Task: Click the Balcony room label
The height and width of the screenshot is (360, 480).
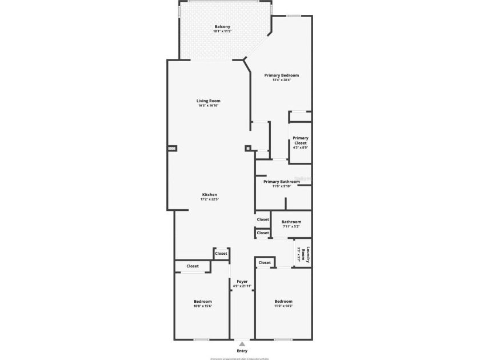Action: [222, 27]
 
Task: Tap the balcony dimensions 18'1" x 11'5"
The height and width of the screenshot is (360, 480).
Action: [222, 32]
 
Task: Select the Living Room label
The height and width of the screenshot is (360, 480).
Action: [209, 101]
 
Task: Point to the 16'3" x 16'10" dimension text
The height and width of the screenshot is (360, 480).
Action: [209, 106]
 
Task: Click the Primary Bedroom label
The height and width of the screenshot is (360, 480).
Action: [281, 75]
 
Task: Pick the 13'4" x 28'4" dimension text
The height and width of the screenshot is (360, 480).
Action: [281, 80]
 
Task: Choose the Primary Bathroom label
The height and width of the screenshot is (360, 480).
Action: [281, 181]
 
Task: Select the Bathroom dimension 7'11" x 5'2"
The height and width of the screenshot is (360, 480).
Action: [291, 227]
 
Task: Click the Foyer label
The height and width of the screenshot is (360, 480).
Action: [242, 281]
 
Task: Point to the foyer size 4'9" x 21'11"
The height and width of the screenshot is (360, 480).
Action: [242, 286]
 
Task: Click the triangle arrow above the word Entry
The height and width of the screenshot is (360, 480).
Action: [242, 344]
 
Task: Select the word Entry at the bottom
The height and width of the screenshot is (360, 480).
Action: [242, 350]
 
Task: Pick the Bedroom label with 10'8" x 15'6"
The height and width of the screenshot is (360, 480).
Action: [203, 301]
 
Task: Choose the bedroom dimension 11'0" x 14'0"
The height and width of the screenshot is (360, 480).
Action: [283, 306]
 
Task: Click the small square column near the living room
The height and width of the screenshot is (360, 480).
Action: [248, 148]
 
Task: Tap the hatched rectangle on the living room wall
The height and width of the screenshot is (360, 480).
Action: [171, 148]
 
